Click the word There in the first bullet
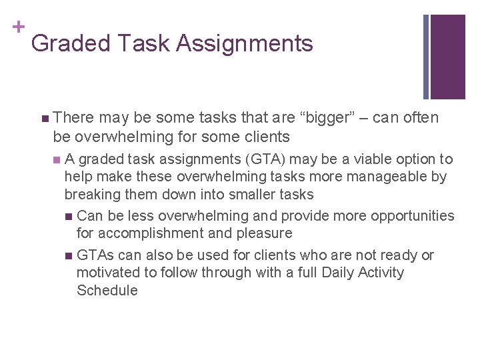74,118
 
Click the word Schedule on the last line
107,291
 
